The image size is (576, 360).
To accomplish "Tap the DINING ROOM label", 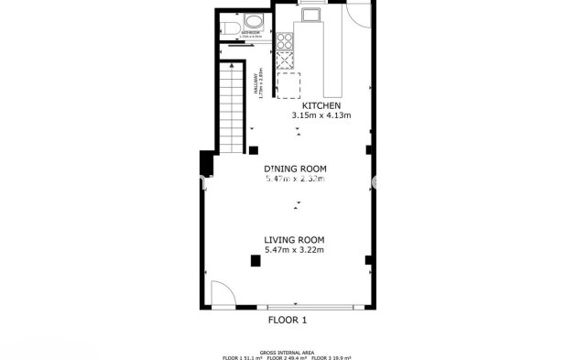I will [x=295, y=169].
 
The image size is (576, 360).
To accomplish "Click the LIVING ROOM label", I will [x=295, y=239].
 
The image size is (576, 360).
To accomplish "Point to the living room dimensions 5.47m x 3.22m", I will [x=295, y=249].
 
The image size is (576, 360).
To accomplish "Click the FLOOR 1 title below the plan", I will [x=287, y=321].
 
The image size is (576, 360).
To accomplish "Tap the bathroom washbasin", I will [x=254, y=22].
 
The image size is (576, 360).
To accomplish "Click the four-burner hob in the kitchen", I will [x=285, y=40].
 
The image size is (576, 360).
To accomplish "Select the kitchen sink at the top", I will [x=311, y=13].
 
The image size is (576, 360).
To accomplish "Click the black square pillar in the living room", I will [x=255, y=262].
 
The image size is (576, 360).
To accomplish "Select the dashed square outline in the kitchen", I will [x=289, y=84].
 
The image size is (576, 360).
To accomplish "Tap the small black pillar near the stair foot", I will [x=254, y=150].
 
